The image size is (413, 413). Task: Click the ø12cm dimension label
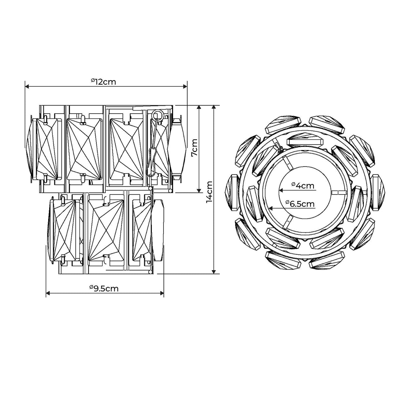pyautogui.click(x=103, y=82)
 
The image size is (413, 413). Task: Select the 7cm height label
pyautogui.click(x=194, y=148)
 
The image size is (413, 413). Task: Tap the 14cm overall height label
pyautogui.click(x=209, y=192)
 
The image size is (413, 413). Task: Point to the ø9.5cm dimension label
pyautogui.click(x=104, y=288)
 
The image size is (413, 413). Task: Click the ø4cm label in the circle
pyautogui.click(x=303, y=186)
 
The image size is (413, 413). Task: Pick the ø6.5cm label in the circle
pyautogui.click(x=300, y=203)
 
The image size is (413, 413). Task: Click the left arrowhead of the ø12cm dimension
pyautogui.click(x=27, y=86)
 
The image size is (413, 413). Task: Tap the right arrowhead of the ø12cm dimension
pyautogui.click(x=185, y=86)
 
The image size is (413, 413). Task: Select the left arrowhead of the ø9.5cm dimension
pyautogui.click(x=48, y=293)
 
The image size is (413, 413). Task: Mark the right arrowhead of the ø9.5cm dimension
pyautogui.click(x=162, y=293)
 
